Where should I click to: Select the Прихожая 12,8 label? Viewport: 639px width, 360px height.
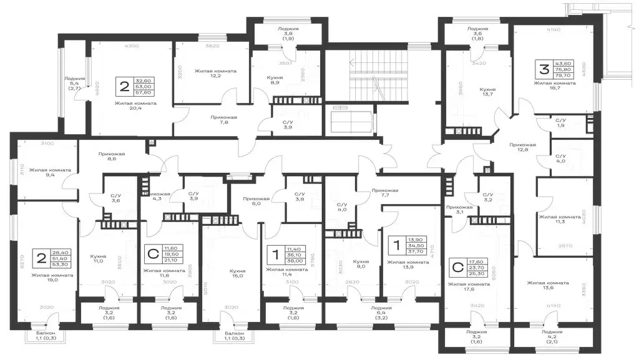[522, 147]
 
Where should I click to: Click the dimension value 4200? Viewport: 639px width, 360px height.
[131, 46]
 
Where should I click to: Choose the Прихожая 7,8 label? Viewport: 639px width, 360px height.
[202, 120]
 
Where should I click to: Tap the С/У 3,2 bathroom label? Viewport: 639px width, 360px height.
[487, 197]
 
